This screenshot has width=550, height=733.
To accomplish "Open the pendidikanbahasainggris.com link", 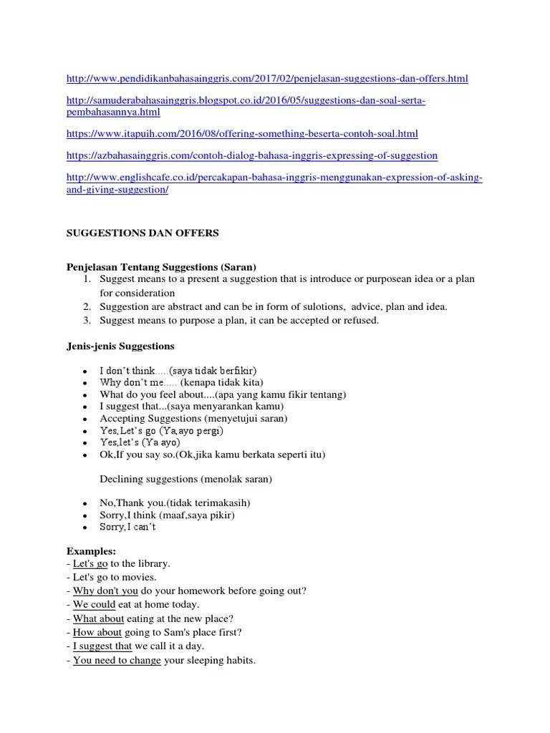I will (267, 78).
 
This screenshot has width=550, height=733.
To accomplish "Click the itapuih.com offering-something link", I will (242, 134).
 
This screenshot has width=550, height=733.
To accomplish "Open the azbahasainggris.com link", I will (251, 155).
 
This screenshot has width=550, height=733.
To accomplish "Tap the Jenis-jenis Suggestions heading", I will (120, 346).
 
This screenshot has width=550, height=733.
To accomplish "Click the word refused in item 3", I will (362, 321).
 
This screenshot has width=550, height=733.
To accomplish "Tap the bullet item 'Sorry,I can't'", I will (127, 527).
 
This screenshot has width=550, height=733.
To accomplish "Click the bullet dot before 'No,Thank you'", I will (85, 503).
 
